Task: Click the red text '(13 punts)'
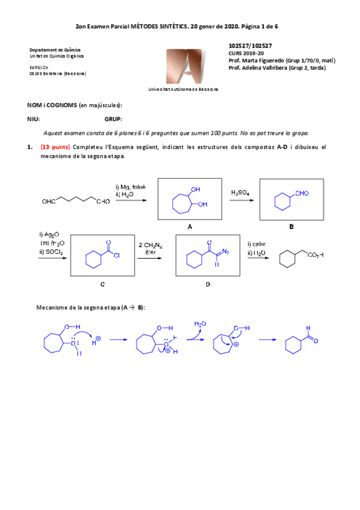point(55,147)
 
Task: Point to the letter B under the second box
point(291,226)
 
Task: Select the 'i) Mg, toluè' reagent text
point(130,187)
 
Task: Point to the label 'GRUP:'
point(113,118)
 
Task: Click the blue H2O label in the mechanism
point(200,324)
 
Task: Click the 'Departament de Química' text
point(55,50)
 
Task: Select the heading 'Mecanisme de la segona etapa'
point(90,307)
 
